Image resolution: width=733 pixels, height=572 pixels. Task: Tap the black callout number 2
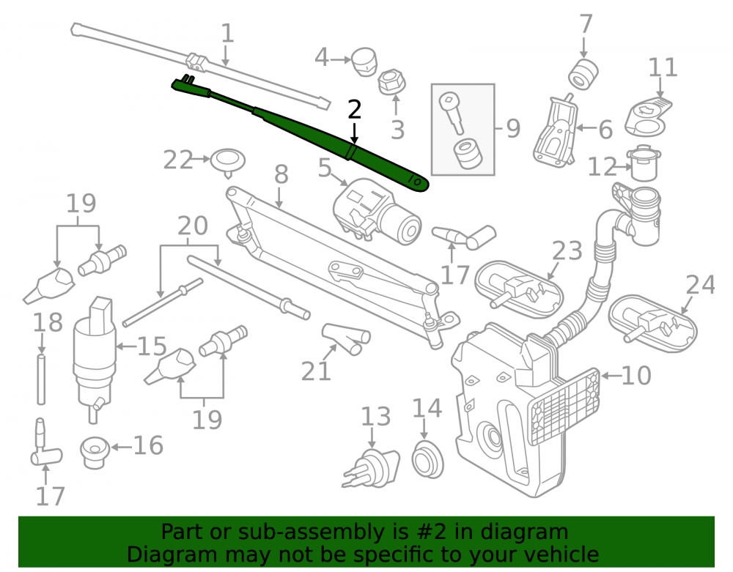point(355,109)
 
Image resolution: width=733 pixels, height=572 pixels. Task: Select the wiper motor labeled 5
point(377,212)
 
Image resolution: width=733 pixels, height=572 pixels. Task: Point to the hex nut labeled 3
point(391,83)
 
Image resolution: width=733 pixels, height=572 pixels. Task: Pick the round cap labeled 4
point(364,62)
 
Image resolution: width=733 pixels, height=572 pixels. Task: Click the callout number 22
point(177,160)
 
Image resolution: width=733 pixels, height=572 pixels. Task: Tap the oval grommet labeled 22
point(228,162)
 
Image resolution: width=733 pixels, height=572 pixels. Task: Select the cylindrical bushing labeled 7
point(583,73)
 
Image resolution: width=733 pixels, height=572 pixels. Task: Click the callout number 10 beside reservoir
point(636,376)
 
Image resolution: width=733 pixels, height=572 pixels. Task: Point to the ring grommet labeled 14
point(427,459)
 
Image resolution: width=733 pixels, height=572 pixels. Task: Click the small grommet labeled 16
point(95,452)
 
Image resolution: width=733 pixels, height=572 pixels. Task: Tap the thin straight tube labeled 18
point(41,379)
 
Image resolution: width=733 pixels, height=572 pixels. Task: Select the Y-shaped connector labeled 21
point(347,338)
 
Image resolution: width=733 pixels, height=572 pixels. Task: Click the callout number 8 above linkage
point(281,174)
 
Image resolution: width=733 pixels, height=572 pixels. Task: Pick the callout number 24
point(700,285)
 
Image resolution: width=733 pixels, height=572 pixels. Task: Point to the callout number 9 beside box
point(513,128)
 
